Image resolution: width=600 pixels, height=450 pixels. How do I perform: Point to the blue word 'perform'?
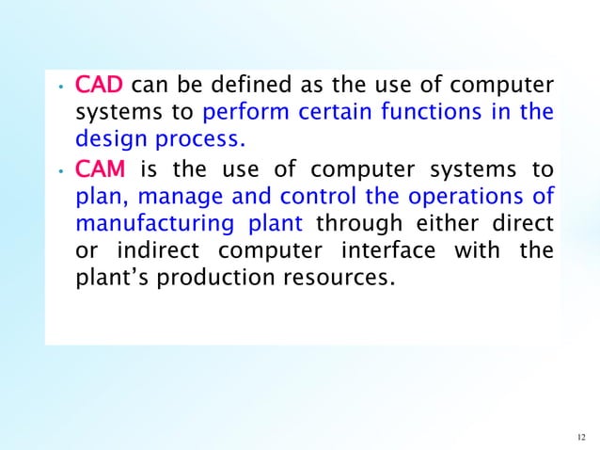click(x=239, y=115)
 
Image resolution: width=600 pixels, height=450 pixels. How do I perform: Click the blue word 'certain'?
click(x=325, y=115)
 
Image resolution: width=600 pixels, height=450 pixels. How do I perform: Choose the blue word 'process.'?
click(x=198, y=143)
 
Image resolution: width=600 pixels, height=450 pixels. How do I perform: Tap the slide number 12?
click(x=578, y=436)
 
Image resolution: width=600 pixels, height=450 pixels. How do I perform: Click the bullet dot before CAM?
click(x=58, y=172)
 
